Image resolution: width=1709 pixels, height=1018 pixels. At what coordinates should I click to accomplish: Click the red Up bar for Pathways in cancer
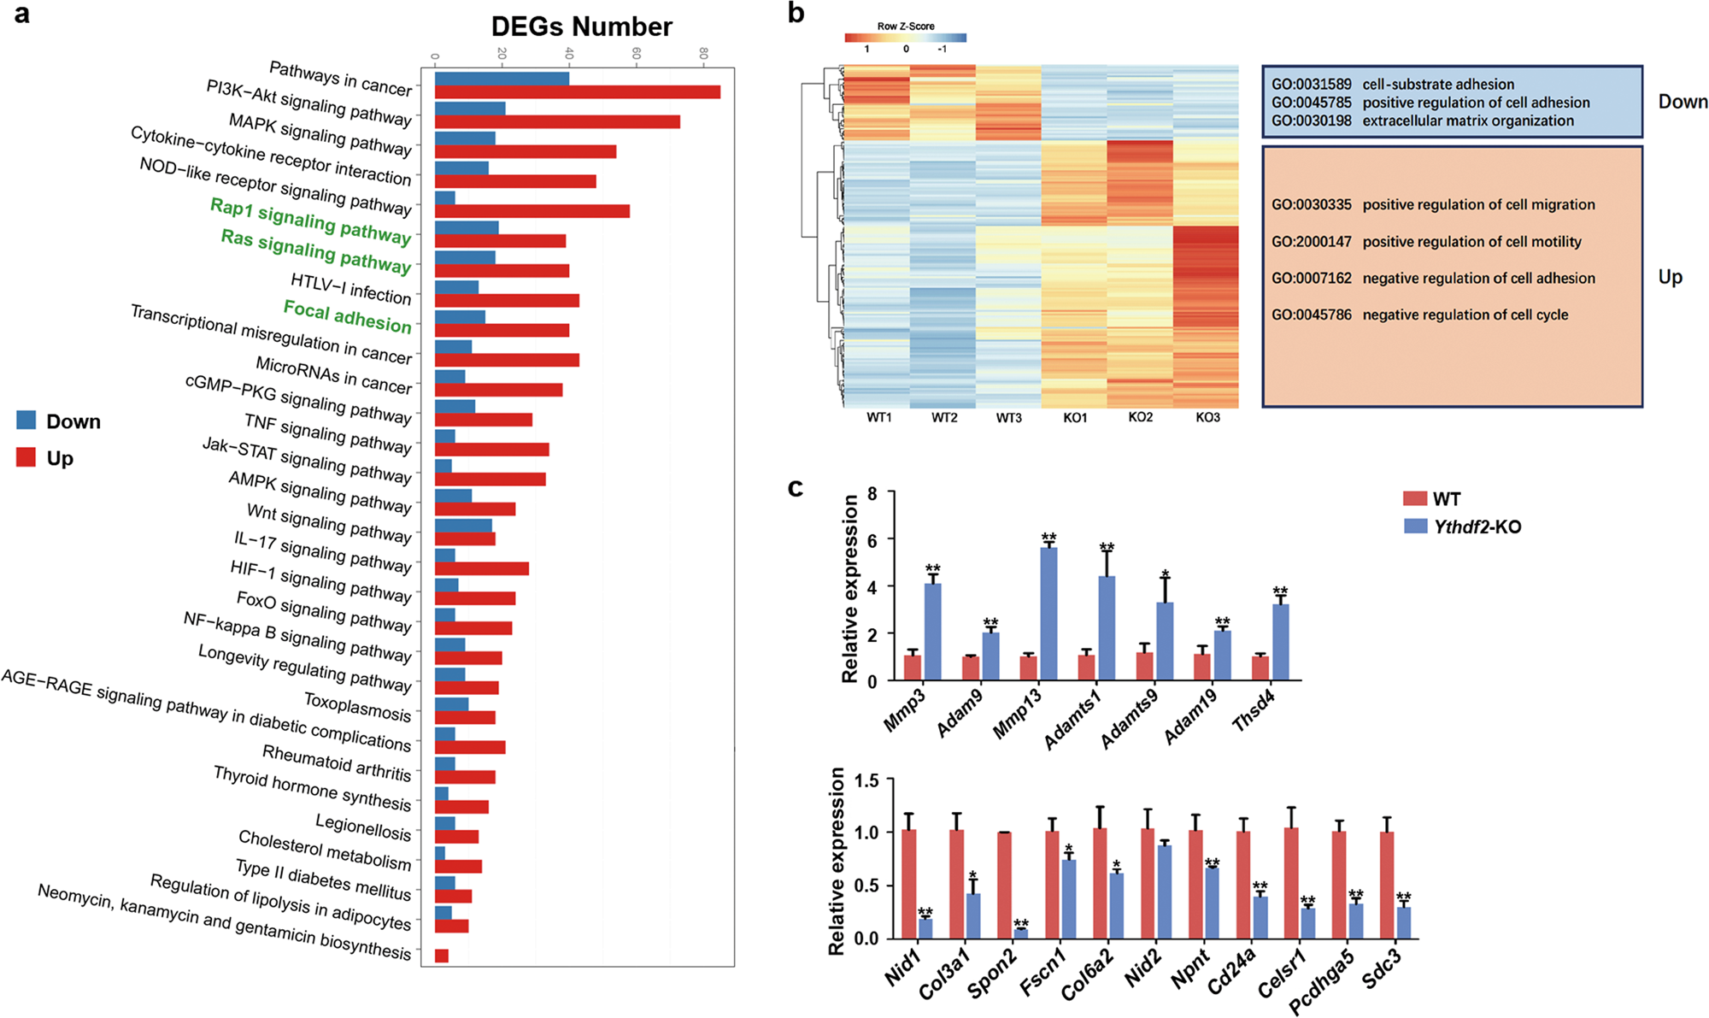[x=577, y=92]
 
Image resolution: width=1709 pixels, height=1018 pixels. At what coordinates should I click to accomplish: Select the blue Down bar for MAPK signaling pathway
[x=465, y=138]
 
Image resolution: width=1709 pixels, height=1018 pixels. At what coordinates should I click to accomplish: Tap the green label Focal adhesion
[x=347, y=315]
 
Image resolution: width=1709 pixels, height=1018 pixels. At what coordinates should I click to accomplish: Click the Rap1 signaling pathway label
[x=310, y=220]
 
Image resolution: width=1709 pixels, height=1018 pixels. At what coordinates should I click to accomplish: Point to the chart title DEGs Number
[x=581, y=26]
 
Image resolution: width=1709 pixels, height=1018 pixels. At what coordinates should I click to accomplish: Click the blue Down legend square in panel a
[x=26, y=421]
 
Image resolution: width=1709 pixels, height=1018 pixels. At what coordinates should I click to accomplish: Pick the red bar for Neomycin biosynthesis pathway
[x=442, y=956]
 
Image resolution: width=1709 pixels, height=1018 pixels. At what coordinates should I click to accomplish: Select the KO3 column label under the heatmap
[x=1207, y=418]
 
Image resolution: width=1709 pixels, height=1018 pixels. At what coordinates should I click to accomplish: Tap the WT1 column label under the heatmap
[x=878, y=418]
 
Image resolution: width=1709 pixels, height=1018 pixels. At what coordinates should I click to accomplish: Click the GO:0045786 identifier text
[x=1311, y=315]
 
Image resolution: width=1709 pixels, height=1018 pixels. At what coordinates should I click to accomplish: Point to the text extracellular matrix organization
[x=1467, y=121]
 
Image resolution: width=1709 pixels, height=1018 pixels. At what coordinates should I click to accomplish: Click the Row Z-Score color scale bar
[x=905, y=38]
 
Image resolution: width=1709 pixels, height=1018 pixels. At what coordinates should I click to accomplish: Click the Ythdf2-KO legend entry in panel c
[x=1462, y=527]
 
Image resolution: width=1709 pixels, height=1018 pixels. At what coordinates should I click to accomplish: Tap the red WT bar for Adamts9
[x=1145, y=666]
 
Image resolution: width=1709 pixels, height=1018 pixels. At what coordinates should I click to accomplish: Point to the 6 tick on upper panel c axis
[x=872, y=539]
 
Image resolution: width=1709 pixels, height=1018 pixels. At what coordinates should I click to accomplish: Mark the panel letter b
[x=796, y=14]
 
